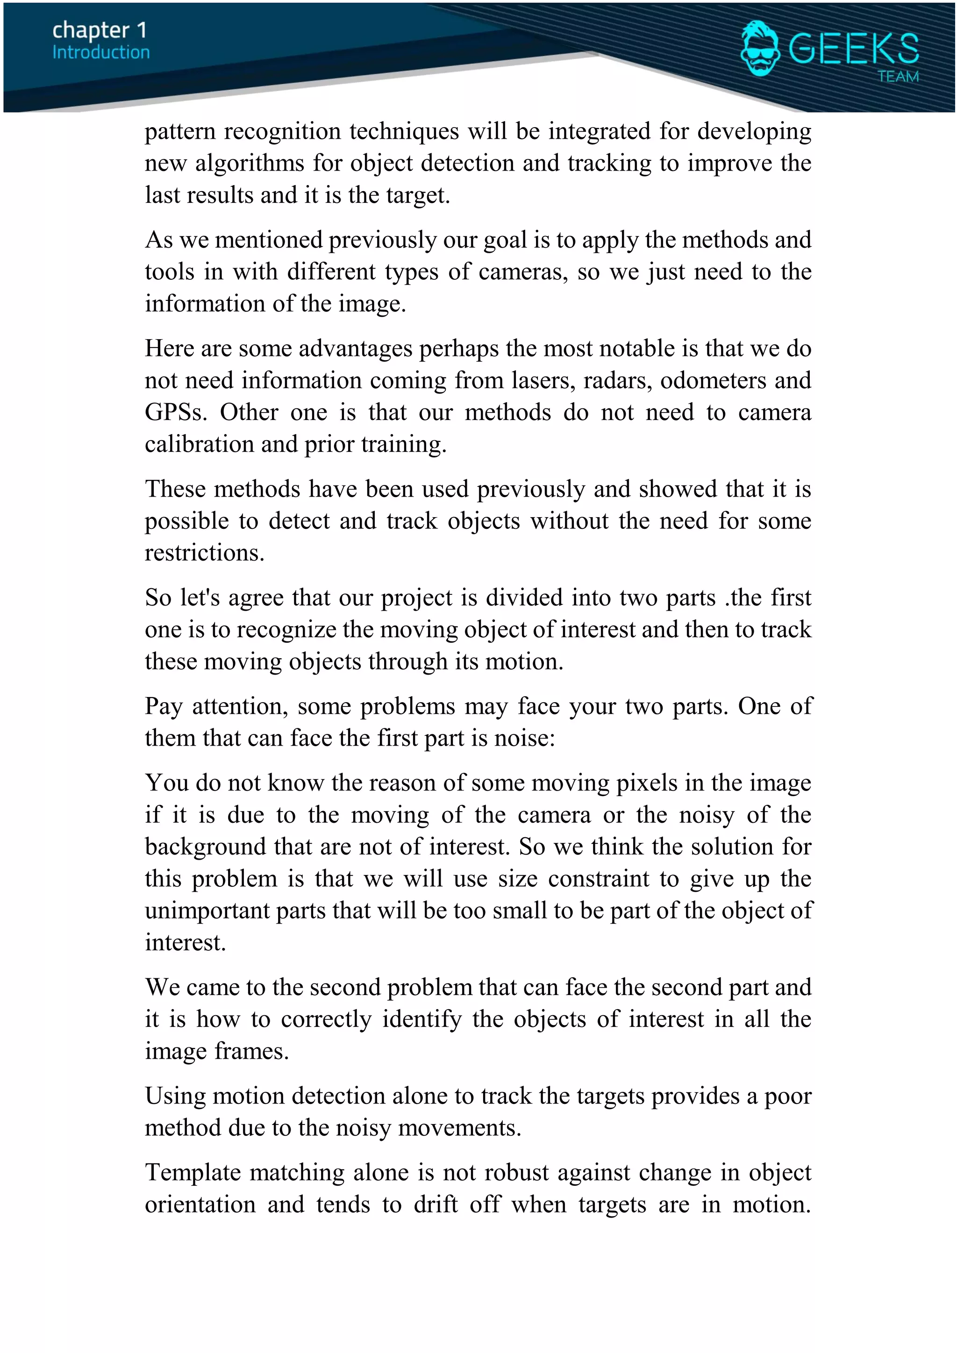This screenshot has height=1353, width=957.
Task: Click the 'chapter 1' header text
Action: tap(99, 30)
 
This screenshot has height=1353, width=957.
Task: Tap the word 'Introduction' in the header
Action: tap(101, 52)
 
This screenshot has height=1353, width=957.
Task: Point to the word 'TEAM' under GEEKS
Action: tap(898, 77)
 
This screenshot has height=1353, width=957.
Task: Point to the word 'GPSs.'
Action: tap(176, 413)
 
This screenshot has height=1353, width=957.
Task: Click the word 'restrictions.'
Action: tap(205, 553)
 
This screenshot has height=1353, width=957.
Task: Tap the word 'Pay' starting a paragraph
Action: tap(164, 706)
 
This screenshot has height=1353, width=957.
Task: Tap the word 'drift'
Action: tap(436, 1204)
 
